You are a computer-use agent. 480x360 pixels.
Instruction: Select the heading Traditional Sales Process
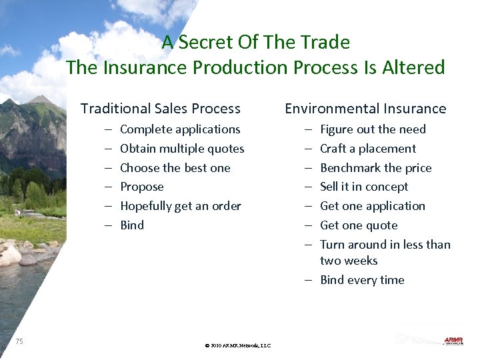click(x=160, y=109)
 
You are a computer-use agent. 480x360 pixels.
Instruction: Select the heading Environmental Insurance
click(x=365, y=109)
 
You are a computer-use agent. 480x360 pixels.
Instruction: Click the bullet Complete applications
click(x=179, y=129)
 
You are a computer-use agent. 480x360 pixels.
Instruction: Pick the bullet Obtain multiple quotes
click(x=181, y=149)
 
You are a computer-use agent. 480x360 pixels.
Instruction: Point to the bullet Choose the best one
click(x=175, y=168)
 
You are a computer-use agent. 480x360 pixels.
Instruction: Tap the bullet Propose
click(x=141, y=187)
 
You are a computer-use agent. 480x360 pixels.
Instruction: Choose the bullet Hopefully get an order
click(x=180, y=206)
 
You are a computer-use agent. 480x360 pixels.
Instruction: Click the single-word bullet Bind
click(x=131, y=225)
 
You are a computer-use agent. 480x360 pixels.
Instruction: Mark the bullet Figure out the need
click(x=372, y=129)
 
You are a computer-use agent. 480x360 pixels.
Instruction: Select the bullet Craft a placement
click(x=367, y=149)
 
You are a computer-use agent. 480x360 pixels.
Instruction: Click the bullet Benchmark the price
click(x=375, y=168)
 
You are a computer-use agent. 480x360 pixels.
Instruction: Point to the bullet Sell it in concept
click(x=363, y=187)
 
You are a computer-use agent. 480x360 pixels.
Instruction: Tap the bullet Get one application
click(x=372, y=206)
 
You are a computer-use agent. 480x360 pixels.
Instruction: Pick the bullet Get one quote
click(x=358, y=225)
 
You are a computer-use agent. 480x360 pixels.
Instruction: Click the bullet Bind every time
click(x=361, y=280)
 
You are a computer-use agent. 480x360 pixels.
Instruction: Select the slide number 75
click(x=19, y=341)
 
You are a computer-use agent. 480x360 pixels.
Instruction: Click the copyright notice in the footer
click(x=238, y=346)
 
